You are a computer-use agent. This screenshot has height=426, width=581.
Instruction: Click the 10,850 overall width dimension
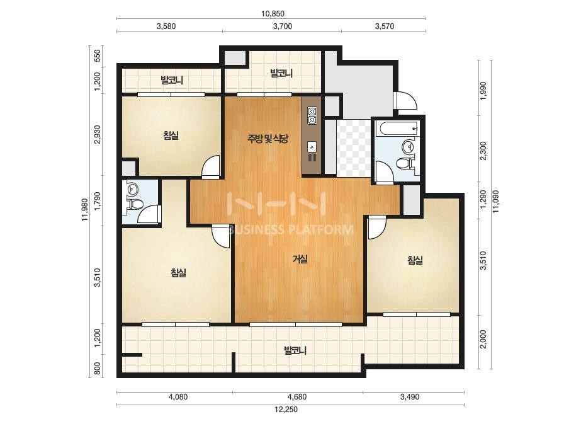273,14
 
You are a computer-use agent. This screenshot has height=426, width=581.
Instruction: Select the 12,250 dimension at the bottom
286,410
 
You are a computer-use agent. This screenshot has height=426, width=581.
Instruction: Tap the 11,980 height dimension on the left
85,210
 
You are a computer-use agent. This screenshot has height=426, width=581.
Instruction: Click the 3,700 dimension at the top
283,26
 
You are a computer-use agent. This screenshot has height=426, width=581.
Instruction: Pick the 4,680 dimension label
297,397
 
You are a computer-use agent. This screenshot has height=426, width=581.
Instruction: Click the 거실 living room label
300,259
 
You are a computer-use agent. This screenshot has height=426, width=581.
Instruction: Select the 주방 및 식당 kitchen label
268,139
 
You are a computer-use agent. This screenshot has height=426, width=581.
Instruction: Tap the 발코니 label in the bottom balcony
295,350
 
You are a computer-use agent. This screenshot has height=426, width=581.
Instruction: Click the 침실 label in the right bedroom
415,260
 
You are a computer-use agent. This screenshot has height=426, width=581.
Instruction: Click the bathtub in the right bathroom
397,129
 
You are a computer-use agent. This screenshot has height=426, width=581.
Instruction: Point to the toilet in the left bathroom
135,204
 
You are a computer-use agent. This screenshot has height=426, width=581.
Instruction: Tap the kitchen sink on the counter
312,147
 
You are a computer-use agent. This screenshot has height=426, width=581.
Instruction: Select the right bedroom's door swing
377,228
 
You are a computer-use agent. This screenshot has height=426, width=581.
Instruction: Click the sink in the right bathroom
409,146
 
